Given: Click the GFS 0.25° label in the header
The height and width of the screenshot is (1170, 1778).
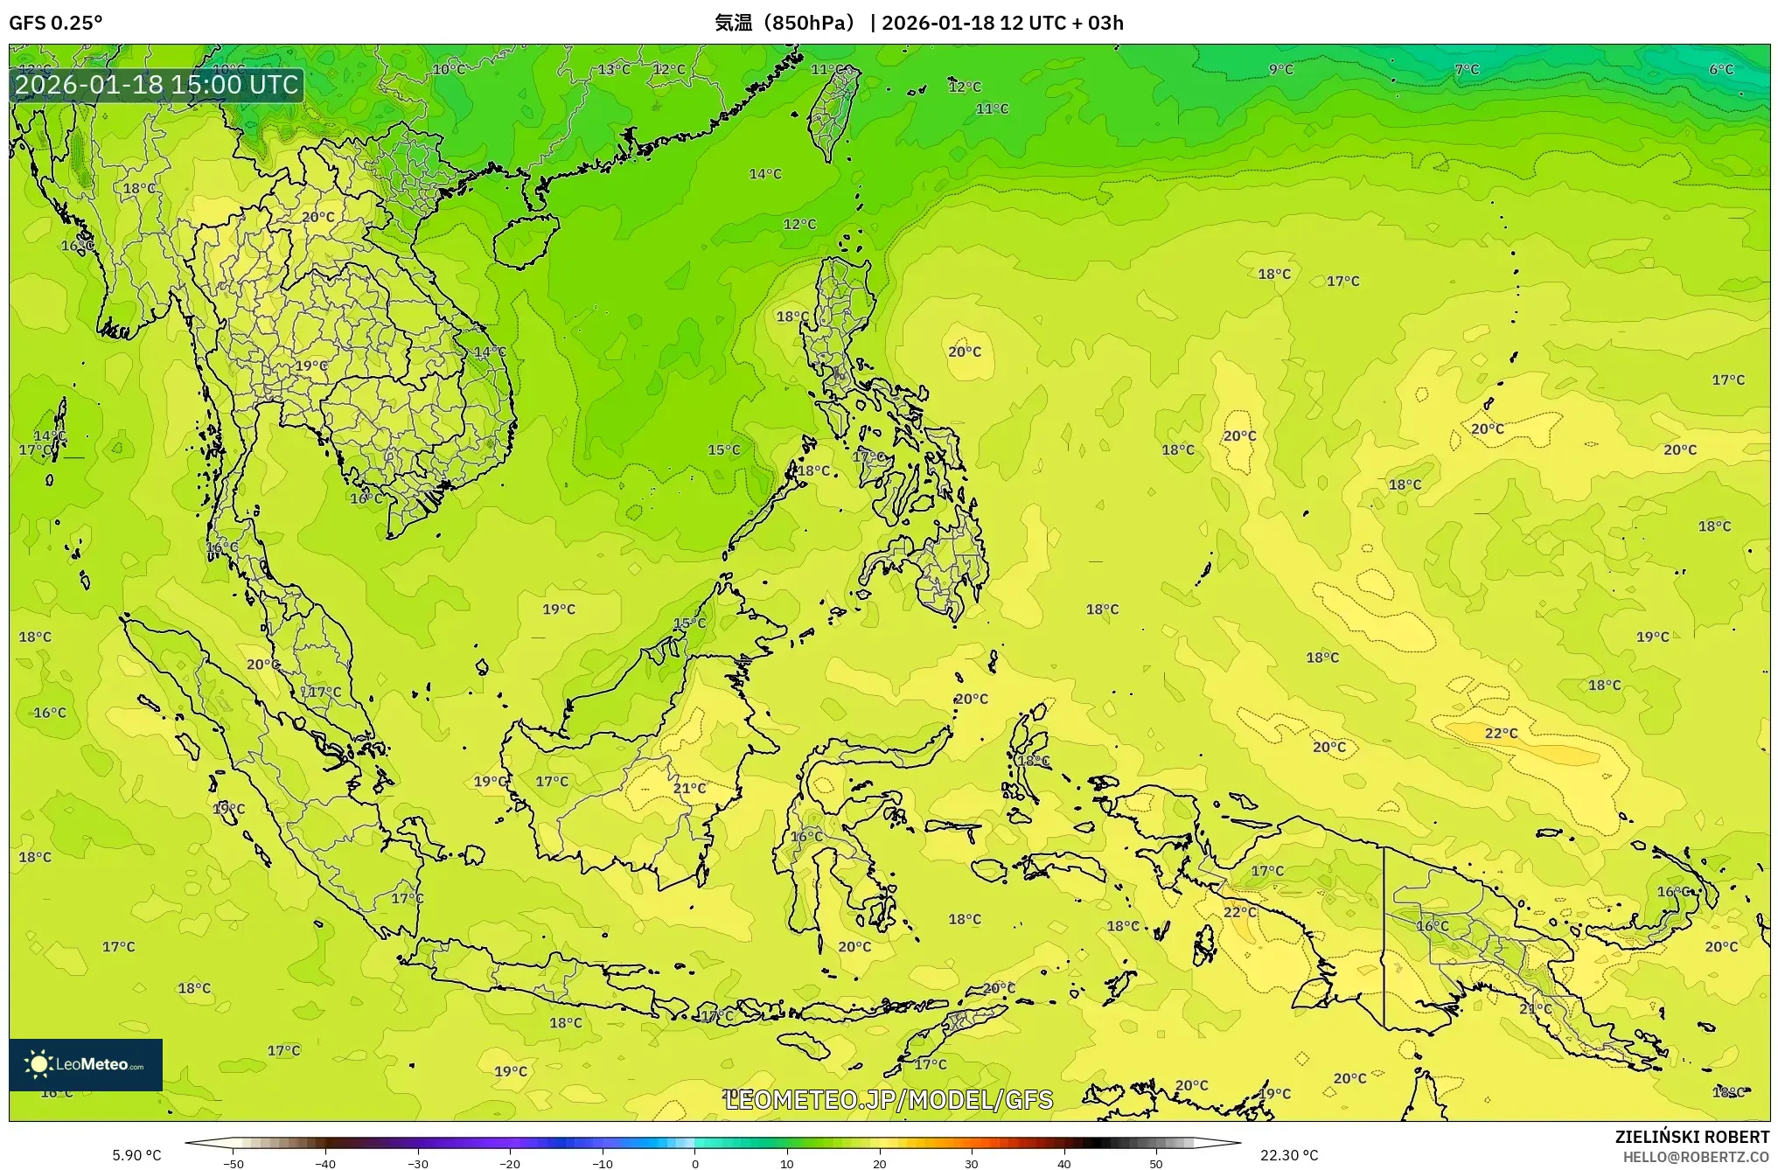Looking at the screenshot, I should click(x=55, y=23).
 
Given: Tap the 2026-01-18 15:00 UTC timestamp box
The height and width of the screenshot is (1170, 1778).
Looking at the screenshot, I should click(x=157, y=85).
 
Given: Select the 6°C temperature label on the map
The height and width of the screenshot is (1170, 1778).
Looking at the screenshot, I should click(x=1720, y=70).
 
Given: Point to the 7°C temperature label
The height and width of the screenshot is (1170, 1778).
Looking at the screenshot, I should click(x=1467, y=70).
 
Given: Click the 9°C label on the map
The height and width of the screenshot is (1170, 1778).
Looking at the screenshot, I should click(x=1280, y=70).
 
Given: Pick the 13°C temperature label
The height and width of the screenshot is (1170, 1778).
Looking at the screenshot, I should click(x=614, y=70).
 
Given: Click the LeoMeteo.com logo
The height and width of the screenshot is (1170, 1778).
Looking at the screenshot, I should click(x=86, y=1064).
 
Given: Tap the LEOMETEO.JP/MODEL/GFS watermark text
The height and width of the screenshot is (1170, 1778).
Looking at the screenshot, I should click(x=889, y=1099).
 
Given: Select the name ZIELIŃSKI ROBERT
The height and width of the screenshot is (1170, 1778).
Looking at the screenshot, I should click(x=1691, y=1137).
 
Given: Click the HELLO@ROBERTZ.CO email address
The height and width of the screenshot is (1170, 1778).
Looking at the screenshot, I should click(x=1696, y=1157).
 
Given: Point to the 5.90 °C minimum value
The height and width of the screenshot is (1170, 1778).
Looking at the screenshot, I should click(x=136, y=1155).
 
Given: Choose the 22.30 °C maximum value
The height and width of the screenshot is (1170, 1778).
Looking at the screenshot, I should click(x=1288, y=1155).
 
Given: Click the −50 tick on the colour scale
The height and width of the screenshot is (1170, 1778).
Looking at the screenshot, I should click(x=233, y=1164).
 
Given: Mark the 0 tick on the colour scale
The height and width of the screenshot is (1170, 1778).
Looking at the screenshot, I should click(x=695, y=1164).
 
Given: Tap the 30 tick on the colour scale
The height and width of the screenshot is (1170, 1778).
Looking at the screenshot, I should click(x=972, y=1164).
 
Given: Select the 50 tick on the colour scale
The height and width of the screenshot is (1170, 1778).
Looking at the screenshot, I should click(x=1156, y=1164).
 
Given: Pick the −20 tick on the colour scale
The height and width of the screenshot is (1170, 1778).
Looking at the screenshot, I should click(x=510, y=1164).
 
